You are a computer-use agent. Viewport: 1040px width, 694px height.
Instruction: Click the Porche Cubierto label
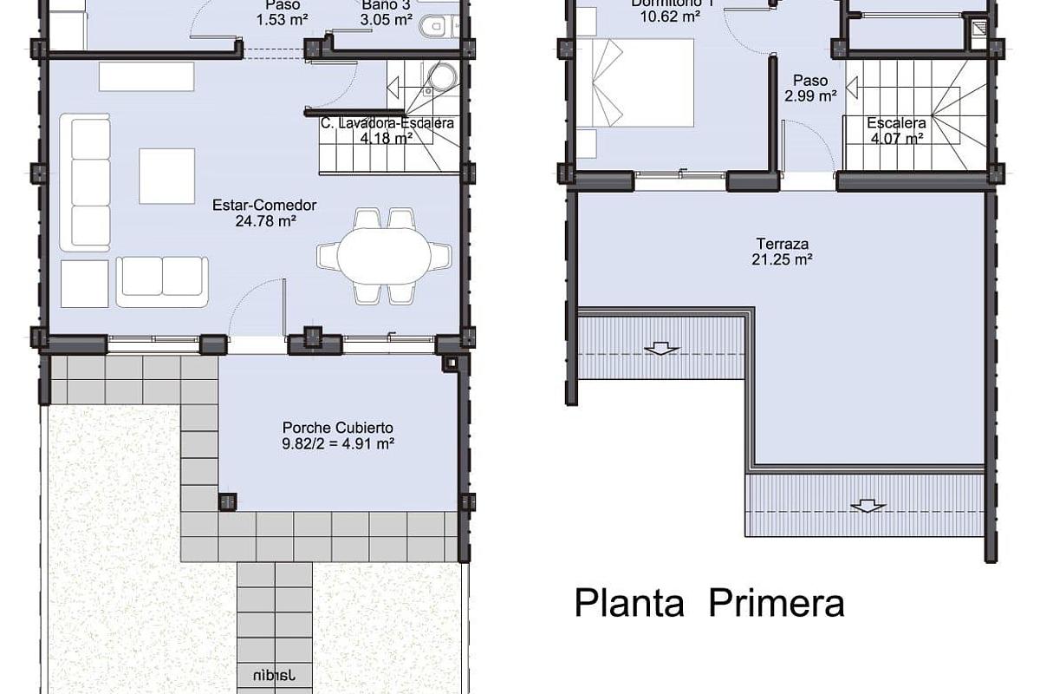coord(338,428)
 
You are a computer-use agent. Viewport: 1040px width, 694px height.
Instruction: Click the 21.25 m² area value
coord(781,259)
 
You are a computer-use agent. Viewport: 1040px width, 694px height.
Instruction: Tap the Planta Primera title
coord(709,603)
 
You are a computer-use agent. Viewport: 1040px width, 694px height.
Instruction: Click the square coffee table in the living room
coord(167,176)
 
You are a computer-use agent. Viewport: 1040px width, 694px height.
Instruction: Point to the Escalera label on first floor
coord(896,123)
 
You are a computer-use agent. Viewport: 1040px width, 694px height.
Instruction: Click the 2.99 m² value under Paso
coord(809,95)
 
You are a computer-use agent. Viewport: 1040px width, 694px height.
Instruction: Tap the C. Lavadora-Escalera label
coord(387,123)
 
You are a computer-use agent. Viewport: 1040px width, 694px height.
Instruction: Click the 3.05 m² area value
coord(387,19)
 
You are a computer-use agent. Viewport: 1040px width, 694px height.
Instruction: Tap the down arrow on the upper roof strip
coord(661,349)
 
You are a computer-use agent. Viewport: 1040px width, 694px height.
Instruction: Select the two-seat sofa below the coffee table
coord(162,281)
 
